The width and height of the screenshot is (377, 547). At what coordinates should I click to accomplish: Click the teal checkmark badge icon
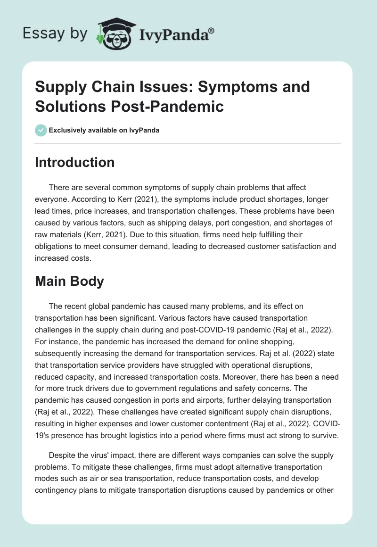point(41,130)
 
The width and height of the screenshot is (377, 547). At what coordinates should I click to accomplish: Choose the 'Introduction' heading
point(75,162)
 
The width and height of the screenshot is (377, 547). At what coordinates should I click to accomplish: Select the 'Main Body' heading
point(69,282)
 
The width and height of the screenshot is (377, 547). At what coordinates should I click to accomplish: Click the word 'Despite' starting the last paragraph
point(62,456)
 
